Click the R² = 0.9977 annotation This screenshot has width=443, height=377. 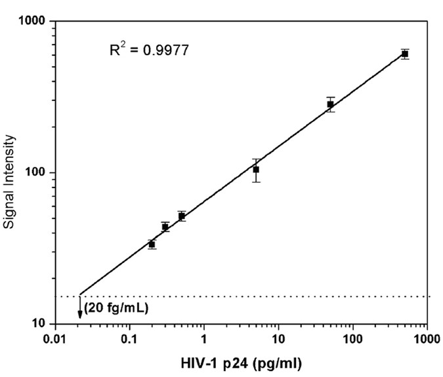148,50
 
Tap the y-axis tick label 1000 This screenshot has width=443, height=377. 32,22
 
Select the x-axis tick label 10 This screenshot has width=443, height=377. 278,340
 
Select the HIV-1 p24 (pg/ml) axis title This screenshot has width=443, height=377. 241,361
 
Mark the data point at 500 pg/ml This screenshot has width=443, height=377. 405,54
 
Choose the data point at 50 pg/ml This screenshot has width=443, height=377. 330,104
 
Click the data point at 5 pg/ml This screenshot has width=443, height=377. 256,170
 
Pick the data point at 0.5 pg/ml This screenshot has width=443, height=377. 181,216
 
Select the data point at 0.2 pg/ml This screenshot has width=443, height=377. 152,244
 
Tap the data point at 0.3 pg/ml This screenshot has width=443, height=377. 165,227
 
